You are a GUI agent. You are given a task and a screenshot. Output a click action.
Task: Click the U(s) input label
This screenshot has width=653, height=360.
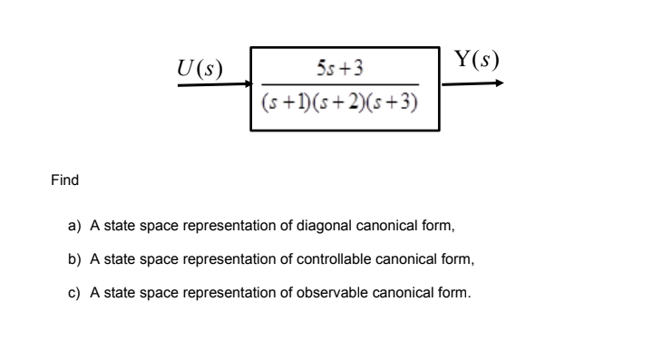click(201, 69)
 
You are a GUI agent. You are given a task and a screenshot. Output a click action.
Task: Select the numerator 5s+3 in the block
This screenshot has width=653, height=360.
click(341, 70)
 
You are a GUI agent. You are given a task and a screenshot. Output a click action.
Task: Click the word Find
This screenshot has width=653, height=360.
click(63, 180)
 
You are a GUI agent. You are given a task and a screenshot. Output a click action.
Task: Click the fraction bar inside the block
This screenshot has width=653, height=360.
click(341, 85)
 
